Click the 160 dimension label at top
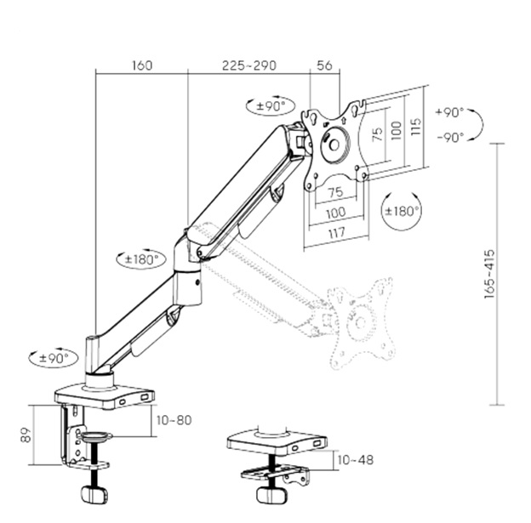142,65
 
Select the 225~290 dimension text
248,65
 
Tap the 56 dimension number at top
324,65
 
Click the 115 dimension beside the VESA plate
416,128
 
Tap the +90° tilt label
448,112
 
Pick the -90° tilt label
448,137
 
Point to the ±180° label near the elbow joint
141,259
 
